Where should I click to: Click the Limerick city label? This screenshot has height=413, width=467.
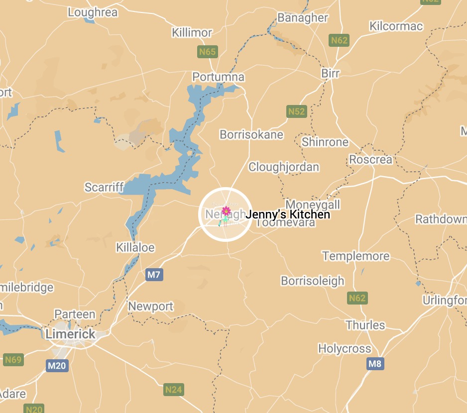tap(70, 334)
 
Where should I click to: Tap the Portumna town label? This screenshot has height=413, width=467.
tap(219, 77)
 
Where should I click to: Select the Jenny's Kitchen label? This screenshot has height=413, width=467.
tap(288, 214)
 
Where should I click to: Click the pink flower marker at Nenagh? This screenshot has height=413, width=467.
tap(226, 211)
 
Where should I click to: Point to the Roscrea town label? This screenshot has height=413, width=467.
tap(370, 160)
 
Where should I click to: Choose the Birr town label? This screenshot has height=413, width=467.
tap(331, 73)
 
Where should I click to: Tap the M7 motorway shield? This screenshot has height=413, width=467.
tap(154, 274)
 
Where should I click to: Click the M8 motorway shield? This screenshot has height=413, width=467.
tap(375, 364)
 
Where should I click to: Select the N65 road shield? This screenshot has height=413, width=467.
tap(207, 52)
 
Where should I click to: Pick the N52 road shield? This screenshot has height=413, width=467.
tap(296, 111)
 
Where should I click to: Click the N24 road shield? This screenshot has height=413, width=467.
tap(173, 390)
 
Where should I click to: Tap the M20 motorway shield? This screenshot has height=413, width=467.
tap(57, 366)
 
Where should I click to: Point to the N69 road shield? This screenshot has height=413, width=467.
tap(13, 360)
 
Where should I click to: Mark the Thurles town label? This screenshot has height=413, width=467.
tap(365, 325)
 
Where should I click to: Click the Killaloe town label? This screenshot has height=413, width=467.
tap(135, 247)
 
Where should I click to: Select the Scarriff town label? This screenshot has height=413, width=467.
tap(104, 187)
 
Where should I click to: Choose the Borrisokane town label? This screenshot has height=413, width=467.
tap(251, 134)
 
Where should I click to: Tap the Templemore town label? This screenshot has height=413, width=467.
tap(356, 256)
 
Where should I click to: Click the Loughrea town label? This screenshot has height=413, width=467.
tap(93, 12)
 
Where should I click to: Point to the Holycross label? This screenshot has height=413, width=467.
tap(345, 348)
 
